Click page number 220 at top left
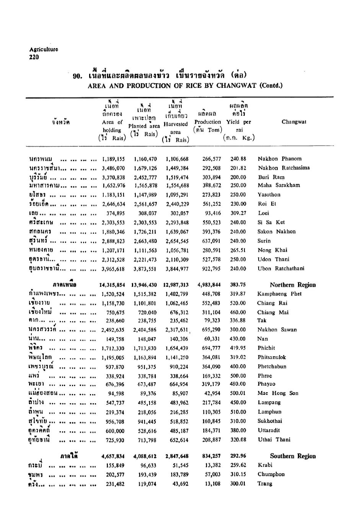coord(34,57)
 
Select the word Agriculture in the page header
coord(44,49)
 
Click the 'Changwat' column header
coord(294,122)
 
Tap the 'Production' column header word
coord(207,122)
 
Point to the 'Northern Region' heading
coord(293,285)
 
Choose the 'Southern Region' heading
coord(293,456)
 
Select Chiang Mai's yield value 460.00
coord(238,312)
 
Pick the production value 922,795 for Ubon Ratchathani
coord(211,269)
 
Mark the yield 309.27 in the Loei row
coord(238,213)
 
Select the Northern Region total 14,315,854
coord(112,285)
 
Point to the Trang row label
coord(265,484)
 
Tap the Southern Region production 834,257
coord(210,456)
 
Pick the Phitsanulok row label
coord(272,357)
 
